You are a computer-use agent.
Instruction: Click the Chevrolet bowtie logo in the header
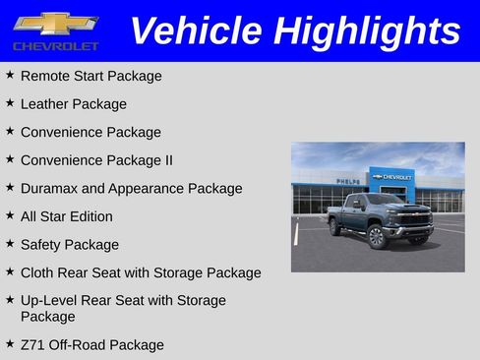pos(56,23)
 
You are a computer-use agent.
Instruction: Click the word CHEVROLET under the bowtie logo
pos(56,46)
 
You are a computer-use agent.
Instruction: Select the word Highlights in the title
pos(367,30)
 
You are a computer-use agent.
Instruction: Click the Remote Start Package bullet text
pos(90,76)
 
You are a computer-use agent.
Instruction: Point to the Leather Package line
pos(73,103)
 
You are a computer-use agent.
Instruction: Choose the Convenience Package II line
pos(96,159)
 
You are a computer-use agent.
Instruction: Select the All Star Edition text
pos(66,216)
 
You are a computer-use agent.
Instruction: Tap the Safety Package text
pos(69,244)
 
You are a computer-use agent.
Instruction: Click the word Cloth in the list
pos(38,272)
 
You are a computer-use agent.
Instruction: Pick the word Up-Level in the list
pos(48,300)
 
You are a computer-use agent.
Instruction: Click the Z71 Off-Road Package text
pos(91,345)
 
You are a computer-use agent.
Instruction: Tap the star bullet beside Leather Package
pos(10,102)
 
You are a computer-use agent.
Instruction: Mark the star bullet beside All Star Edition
pos(10,215)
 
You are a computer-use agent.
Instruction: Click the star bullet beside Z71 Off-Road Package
pos(10,344)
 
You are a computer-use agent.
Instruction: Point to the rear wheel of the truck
pos(337,228)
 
